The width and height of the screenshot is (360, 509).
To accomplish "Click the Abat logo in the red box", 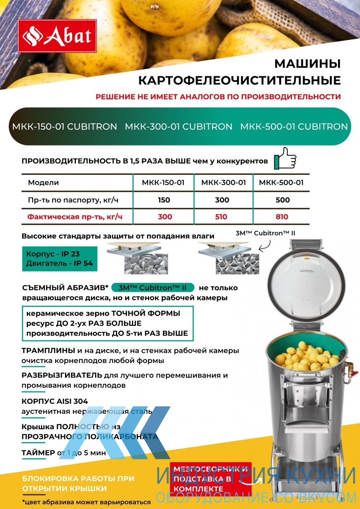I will click(57, 37).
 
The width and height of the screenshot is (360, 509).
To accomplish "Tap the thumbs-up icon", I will click(285, 158).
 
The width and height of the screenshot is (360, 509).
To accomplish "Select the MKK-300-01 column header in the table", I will click(223, 183).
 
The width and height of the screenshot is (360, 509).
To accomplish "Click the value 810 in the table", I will click(281, 217).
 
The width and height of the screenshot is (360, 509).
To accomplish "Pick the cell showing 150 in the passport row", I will click(164, 200).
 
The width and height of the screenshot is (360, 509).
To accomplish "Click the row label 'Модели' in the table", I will click(43, 183).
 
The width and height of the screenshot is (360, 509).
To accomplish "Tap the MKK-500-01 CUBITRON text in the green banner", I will click(294, 126).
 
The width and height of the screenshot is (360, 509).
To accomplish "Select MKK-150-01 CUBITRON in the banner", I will click(65, 126).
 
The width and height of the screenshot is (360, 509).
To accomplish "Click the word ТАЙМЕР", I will click(38, 453).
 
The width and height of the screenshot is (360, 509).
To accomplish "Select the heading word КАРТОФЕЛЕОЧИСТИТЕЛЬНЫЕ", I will click(239, 80).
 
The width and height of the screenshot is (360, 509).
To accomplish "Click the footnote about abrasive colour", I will click(87, 502).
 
